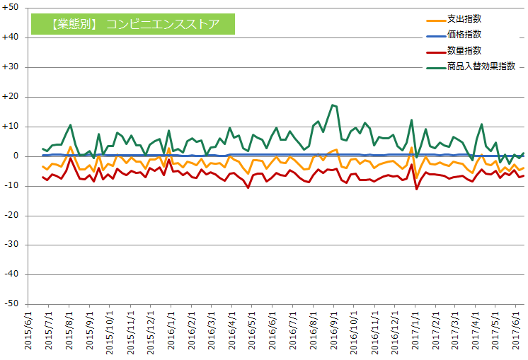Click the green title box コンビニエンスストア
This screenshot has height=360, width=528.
(134, 25)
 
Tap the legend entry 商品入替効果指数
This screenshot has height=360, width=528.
(481, 66)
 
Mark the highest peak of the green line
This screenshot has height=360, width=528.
(332, 105)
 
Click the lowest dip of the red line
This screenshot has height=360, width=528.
(416, 189)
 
